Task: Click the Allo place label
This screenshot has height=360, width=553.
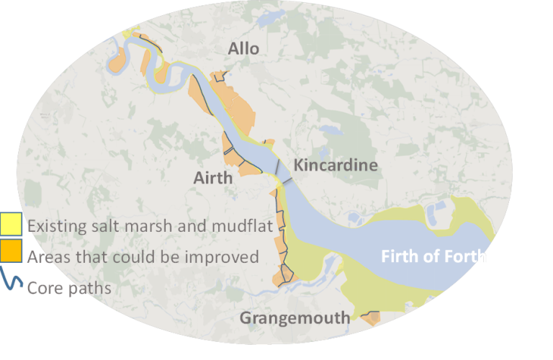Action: click(x=243, y=49)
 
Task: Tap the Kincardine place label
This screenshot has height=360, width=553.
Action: click(x=336, y=165)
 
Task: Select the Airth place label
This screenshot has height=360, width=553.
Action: click(x=213, y=178)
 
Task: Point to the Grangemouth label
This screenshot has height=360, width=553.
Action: click(x=295, y=318)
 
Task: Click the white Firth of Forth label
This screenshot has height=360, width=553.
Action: click(x=433, y=256)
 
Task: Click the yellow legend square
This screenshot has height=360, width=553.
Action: click(x=11, y=225)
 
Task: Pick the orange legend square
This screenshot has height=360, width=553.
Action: click(x=11, y=252)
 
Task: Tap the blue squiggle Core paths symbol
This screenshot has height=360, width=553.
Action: click(x=11, y=280)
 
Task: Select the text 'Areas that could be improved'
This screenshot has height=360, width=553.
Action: click(x=143, y=256)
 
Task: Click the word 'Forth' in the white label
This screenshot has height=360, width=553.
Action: click(x=467, y=256)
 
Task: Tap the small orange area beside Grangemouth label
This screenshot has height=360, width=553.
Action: click(x=372, y=318)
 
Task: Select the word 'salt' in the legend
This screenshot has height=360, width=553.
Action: click(x=107, y=226)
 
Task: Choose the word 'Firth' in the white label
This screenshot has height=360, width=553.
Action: click(x=399, y=256)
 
